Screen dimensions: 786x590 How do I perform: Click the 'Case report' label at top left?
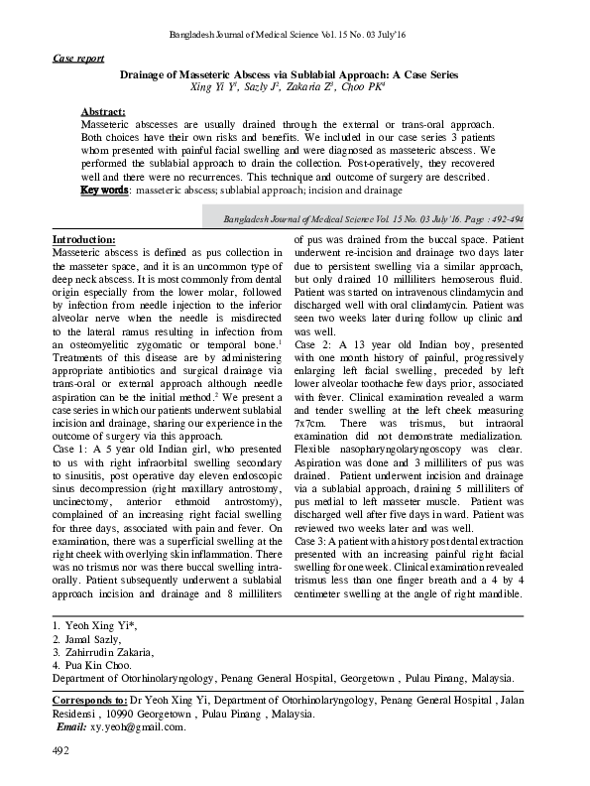point(77,59)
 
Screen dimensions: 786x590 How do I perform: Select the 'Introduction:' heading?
point(83,240)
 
